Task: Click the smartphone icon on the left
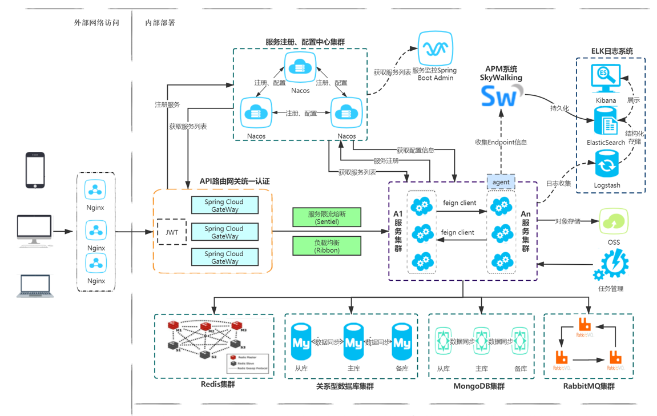pyautogui.click(x=35, y=170)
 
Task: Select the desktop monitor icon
pyautogui.click(x=34, y=231)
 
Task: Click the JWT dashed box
pyautogui.click(x=171, y=232)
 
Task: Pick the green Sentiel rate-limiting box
pyautogui.click(x=327, y=217)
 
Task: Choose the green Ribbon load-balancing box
pyautogui.click(x=327, y=246)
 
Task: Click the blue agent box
pyautogui.click(x=501, y=182)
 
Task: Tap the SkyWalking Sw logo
pyautogui.click(x=501, y=96)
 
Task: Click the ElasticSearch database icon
pyautogui.click(x=606, y=122)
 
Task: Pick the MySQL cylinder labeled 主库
pyautogui.click(x=353, y=342)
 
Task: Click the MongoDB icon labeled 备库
pyautogui.click(x=519, y=342)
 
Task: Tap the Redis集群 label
pyautogui.click(x=217, y=384)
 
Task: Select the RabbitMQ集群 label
pyautogui.click(x=589, y=386)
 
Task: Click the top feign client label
pyautogui.click(x=459, y=203)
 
